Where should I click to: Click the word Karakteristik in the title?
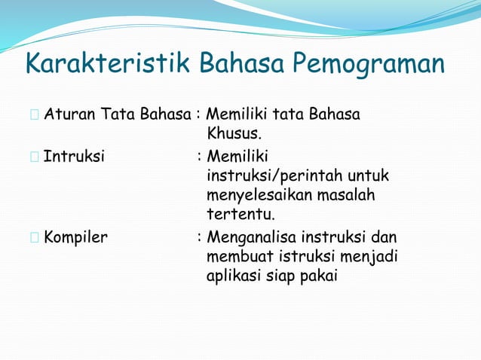109,65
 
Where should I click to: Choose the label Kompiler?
75,237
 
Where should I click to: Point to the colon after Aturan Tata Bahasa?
198,116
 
